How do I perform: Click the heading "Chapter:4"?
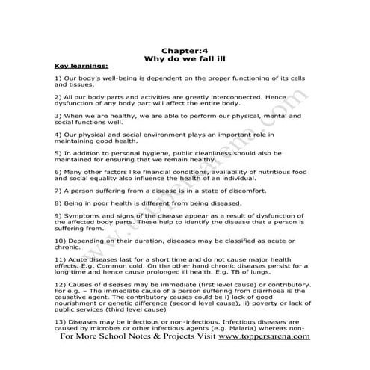click(x=185, y=49)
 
